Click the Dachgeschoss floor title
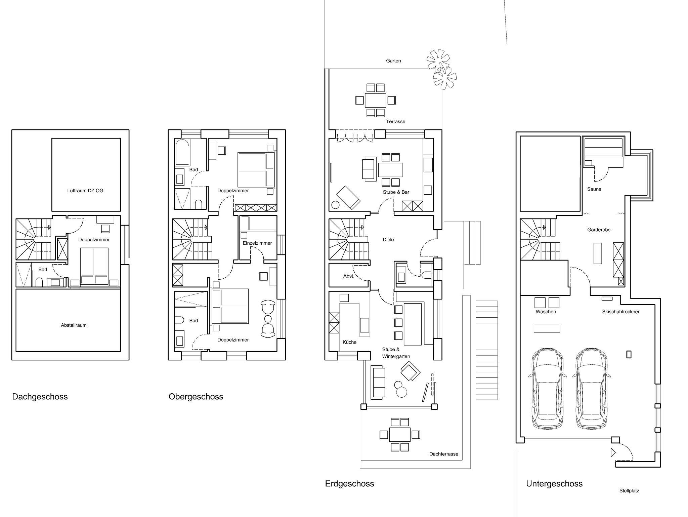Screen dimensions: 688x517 point(40,397)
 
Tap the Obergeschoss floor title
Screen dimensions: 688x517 point(196,397)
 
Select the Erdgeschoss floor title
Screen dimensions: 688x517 point(349,484)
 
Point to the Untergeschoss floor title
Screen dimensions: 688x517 point(554,484)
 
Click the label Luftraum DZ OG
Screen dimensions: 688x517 point(85,191)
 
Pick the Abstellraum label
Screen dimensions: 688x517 point(74,325)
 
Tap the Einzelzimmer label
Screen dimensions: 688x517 point(257,243)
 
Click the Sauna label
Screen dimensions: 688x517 point(594,189)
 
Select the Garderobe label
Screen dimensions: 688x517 point(599,230)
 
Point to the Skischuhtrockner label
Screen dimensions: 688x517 point(621,312)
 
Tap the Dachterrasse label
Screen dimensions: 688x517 point(444,454)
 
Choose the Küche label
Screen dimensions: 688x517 point(349,342)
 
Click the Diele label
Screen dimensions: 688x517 point(388,240)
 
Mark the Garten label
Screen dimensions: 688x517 point(393,61)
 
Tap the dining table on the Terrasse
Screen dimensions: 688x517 point(376,100)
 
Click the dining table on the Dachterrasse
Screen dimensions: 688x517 point(400,435)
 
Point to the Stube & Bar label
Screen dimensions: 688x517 point(396,192)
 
